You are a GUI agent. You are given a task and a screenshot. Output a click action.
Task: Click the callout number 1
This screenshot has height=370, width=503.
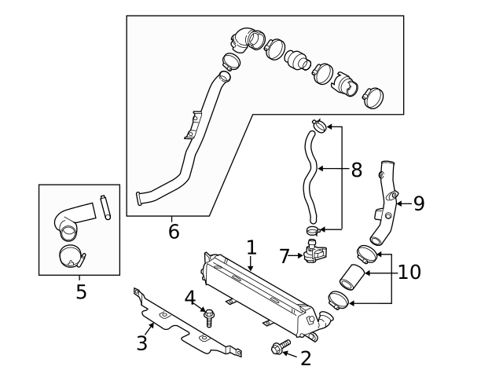251,247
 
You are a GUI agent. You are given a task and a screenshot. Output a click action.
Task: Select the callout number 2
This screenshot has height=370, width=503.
305,358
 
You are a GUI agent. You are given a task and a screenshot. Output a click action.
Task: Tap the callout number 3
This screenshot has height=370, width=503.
142,343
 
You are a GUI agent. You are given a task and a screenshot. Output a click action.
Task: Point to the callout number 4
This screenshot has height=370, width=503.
190,298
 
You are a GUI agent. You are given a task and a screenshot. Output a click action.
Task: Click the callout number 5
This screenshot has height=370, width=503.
81,292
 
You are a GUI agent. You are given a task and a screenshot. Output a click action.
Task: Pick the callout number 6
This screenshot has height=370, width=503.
174,231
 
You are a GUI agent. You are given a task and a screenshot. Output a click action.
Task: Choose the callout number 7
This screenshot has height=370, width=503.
286,255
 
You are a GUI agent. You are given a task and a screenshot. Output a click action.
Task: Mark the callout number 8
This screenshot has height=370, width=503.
356,169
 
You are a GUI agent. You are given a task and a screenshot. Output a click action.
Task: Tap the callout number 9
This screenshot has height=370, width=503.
418,203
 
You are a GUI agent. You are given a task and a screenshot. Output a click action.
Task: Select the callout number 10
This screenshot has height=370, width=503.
409,273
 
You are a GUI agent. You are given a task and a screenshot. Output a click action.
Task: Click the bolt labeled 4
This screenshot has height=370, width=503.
209,318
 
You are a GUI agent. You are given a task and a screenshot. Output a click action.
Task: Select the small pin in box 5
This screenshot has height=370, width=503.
105,207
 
